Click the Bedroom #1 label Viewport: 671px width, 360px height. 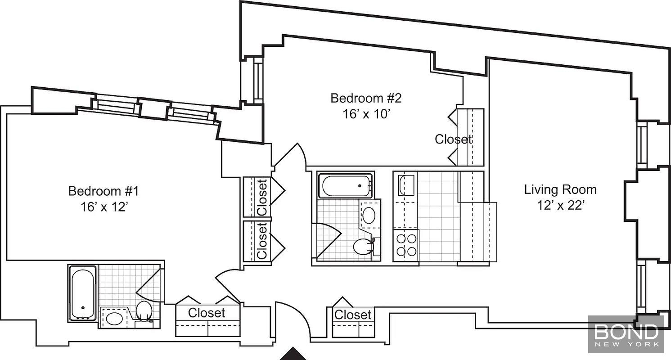click(104, 191)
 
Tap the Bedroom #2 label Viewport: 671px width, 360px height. click(366, 98)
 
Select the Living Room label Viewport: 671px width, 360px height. click(560, 189)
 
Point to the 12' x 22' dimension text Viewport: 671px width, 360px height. click(560, 206)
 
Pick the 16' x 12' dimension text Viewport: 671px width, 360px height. click(104, 207)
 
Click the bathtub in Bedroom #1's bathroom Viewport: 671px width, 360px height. click(83, 292)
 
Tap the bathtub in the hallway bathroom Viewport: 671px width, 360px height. click(346, 185)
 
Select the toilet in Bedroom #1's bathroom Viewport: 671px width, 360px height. click(144, 310)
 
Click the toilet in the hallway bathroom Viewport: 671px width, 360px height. click(363, 247)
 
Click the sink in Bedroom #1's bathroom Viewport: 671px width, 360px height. click(114, 318)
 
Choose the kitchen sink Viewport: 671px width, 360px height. click(406, 185)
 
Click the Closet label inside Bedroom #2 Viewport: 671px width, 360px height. click(453, 139)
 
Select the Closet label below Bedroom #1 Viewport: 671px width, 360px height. click(207, 313)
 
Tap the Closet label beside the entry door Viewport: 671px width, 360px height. click(353, 315)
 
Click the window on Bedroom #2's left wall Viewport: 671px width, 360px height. click(258, 81)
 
